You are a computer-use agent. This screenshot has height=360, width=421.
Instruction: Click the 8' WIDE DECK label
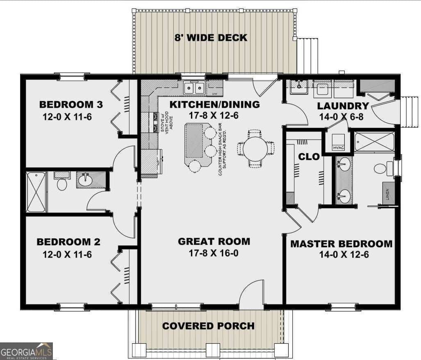pyautogui.click(x=211, y=38)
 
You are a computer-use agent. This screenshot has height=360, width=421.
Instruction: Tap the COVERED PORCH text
pyautogui.click(x=208, y=326)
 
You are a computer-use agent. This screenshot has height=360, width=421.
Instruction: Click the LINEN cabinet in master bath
pyautogui.click(x=389, y=193)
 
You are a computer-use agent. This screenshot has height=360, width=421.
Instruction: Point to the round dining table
pyautogui.click(x=255, y=148)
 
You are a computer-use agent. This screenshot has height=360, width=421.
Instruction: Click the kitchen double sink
pyautogui.click(x=194, y=88)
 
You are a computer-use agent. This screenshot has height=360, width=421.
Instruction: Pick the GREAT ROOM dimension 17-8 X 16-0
pyautogui.click(x=214, y=254)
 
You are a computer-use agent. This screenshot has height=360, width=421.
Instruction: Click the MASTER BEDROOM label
pyautogui.click(x=341, y=244)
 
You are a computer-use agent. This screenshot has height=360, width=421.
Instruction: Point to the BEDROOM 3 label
pyautogui.click(x=71, y=104)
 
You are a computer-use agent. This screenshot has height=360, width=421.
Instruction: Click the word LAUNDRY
pyautogui.click(x=343, y=106)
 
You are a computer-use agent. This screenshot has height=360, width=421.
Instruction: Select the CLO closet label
pyautogui.click(x=306, y=156)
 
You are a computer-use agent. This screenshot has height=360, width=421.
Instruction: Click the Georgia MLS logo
pyautogui.click(x=27, y=351)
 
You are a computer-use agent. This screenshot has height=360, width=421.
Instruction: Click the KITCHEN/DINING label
pyautogui.click(x=215, y=104)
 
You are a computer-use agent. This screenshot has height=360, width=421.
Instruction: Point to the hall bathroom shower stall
pyautogui.click(x=36, y=192)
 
